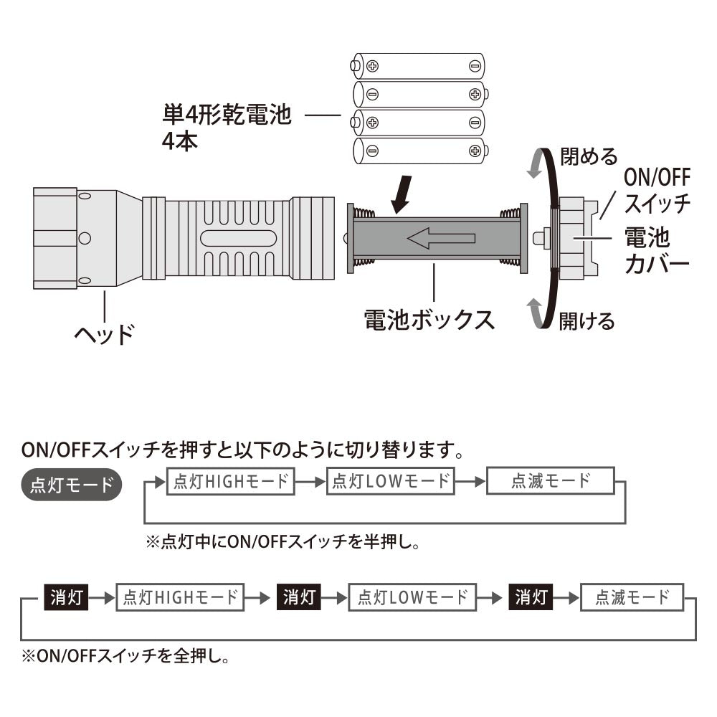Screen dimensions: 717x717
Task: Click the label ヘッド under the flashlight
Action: pyautogui.click(x=104, y=334)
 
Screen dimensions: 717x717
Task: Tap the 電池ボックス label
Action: pyautogui.click(x=429, y=319)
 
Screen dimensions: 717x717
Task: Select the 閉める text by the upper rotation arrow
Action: pyautogui.click(x=589, y=156)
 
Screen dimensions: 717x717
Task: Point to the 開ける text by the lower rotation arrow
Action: pyautogui.click(x=587, y=320)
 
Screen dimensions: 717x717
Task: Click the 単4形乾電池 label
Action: pyautogui.click(x=227, y=114)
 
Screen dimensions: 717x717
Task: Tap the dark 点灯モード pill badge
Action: pyautogui.click(x=72, y=484)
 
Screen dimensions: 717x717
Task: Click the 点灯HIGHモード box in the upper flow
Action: pyautogui.click(x=230, y=481)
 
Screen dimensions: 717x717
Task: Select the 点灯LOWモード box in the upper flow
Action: pyautogui.click(x=391, y=481)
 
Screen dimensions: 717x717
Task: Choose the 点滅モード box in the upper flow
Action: pyautogui.click(x=551, y=480)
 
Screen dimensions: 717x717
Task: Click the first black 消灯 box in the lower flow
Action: pyautogui.click(x=66, y=597)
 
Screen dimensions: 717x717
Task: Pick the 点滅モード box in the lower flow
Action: pyautogui.click(x=632, y=597)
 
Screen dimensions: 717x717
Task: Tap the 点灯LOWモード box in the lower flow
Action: pyautogui.click(x=412, y=597)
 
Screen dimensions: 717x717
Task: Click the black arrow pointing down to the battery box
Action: pyautogui.click(x=402, y=194)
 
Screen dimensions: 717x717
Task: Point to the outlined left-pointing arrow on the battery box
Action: pyautogui.click(x=441, y=238)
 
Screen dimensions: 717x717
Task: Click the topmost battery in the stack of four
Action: pyautogui.click(x=418, y=66)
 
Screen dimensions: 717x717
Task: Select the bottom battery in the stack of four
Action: pyautogui.click(x=421, y=151)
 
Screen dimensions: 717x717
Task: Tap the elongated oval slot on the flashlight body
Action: pyautogui.click(x=238, y=238)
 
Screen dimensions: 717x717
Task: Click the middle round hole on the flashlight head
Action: pyautogui.click(x=85, y=238)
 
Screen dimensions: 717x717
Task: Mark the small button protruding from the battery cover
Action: pyautogui.click(x=541, y=238)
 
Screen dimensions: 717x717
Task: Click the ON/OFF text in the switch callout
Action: pyautogui.click(x=657, y=177)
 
